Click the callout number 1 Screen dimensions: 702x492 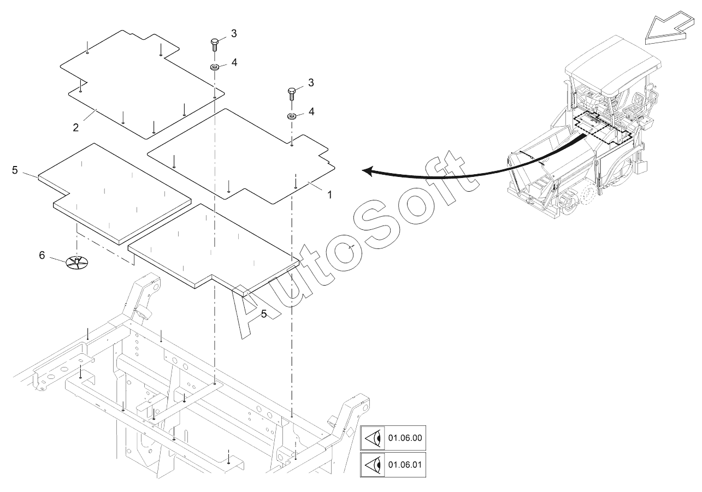(329, 195)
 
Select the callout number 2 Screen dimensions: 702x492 (76, 127)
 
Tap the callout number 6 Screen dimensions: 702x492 (42, 255)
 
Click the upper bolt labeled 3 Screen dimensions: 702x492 (215, 45)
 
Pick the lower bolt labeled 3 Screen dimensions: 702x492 (292, 93)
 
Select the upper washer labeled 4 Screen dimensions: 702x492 (215, 67)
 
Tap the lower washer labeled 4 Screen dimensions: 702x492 (292, 116)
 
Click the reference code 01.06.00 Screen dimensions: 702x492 (405, 437)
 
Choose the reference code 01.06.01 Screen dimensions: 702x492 (405, 465)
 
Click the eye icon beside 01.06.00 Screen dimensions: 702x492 (373, 438)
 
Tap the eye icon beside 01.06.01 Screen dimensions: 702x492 (373, 465)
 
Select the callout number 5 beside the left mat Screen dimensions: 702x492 (15, 170)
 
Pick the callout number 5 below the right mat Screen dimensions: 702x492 (264, 313)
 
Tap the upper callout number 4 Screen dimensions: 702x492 (234, 62)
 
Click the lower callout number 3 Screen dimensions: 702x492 (311, 82)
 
